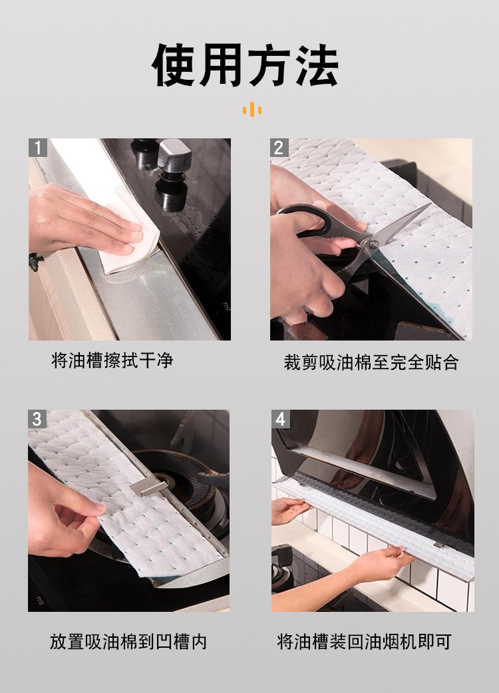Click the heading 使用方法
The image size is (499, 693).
(x=246, y=65)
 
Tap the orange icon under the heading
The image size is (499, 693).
(x=252, y=109)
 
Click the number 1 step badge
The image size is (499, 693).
(x=38, y=148)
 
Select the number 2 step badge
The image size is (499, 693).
(x=279, y=148)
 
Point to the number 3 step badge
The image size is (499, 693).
(x=37, y=419)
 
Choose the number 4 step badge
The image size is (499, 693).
(x=281, y=419)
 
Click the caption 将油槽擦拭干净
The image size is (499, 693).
(x=112, y=360)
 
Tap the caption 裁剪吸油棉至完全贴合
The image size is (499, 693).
(x=371, y=362)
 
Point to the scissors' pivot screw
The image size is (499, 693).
(x=374, y=243)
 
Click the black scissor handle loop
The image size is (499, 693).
(x=305, y=219)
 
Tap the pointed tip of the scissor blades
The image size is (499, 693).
(x=430, y=204)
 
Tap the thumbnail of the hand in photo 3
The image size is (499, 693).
(x=94, y=509)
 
